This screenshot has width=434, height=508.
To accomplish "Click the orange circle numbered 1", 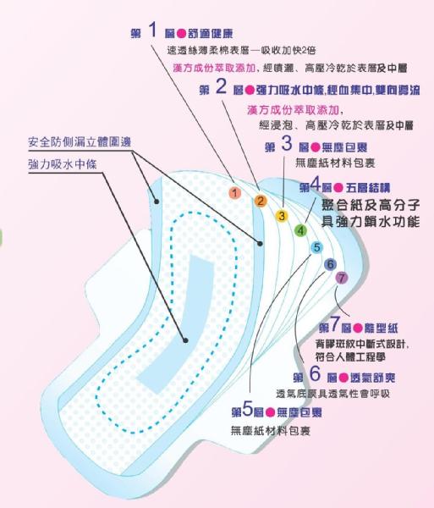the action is [235, 193].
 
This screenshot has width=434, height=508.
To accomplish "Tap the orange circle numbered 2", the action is [261, 201].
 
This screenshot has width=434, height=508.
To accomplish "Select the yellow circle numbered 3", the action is [282, 216].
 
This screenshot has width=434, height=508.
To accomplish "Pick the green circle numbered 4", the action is [300, 231].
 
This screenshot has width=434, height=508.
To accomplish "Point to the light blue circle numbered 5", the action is [316, 247].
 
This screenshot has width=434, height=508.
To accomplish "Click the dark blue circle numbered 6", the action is [330, 264].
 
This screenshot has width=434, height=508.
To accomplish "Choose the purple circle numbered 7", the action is [342, 278].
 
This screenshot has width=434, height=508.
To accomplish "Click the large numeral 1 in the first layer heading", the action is [153, 30].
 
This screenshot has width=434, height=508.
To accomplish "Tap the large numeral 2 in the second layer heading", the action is [221, 86].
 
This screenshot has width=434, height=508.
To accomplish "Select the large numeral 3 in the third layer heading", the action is [287, 143].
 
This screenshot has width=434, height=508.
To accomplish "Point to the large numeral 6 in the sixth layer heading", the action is [315, 373].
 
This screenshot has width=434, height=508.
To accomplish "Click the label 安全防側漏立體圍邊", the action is [80, 142].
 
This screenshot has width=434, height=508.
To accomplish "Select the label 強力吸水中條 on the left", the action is [63, 164].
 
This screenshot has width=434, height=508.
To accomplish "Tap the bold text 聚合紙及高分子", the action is [371, 205].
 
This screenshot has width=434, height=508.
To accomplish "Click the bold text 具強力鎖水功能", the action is [371, 222].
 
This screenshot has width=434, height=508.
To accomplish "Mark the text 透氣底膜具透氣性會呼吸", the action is [332, 394].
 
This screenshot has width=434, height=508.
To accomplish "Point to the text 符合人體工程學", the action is [350, 357].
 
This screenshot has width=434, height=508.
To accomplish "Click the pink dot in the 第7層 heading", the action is [358, 329].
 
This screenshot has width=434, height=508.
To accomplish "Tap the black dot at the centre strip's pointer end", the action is [185, 340].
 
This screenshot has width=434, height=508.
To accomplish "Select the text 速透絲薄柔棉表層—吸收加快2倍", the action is [242, 50].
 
